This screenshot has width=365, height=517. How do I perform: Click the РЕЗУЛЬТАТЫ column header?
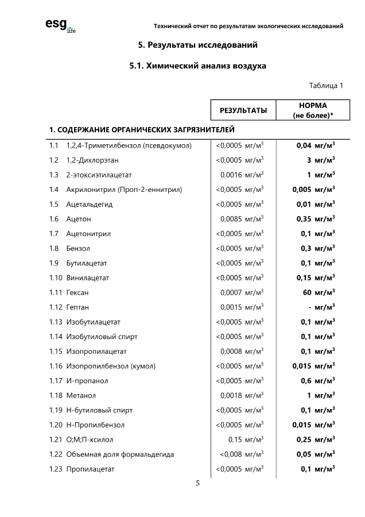(x=243, y=110)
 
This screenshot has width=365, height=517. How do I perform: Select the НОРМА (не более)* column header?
(x=313, y=110)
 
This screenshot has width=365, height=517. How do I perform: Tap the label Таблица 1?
(x=326, y=86)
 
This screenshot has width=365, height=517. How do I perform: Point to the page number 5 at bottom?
(x=198, y=483)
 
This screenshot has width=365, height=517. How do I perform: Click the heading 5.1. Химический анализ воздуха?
(x=198, y=66)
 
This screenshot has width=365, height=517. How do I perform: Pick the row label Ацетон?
(x=79, y=219)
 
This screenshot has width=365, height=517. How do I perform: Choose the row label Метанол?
(x=81, y=395)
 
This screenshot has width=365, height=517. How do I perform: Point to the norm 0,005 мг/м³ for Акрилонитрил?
(x=313, y=190)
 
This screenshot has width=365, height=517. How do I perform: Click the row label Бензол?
(x=78, y=248)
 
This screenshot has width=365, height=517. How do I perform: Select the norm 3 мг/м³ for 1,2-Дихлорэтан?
(x=321, y=160)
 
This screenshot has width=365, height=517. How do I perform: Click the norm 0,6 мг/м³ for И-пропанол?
(x=317, y=381)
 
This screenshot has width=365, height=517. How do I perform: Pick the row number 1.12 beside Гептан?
(x=56, y=307)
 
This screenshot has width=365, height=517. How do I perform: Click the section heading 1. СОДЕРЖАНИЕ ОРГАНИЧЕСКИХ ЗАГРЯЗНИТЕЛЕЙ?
(x=142, y=129)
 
